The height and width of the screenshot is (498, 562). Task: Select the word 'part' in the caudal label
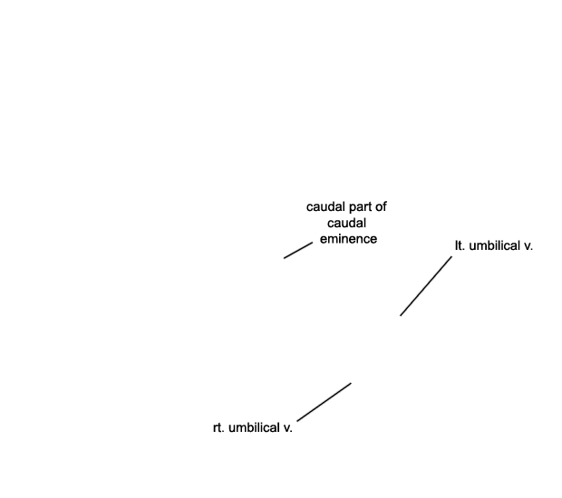pos(360,207)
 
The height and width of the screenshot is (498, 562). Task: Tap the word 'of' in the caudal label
pos(382,207)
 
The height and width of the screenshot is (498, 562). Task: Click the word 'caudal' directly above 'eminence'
pos(346,223)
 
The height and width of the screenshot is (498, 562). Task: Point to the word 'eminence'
pos(348,239)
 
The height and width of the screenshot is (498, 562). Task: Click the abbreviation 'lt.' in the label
pos(460,246)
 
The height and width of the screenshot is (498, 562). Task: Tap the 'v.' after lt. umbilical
pos(528,247)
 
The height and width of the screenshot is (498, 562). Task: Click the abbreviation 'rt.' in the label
pos(218,428)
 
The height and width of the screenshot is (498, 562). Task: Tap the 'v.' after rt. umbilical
pos(288,429)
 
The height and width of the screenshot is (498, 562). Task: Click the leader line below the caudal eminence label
pos(298,250)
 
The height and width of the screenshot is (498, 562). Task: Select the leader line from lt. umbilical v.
pos(426,286)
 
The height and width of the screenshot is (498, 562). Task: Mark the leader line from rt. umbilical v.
pos(324,402)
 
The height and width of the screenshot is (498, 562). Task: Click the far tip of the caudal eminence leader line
pos(284,258)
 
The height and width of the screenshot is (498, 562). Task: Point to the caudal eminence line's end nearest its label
pos(313,243)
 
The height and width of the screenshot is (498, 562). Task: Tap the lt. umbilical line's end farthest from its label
pos(401,316)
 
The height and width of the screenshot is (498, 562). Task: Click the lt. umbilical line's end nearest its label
pos(452,256)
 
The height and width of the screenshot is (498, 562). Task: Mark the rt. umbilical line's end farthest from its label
pos(352,383)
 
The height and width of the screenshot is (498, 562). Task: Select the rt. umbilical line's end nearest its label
pos(297,421)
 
